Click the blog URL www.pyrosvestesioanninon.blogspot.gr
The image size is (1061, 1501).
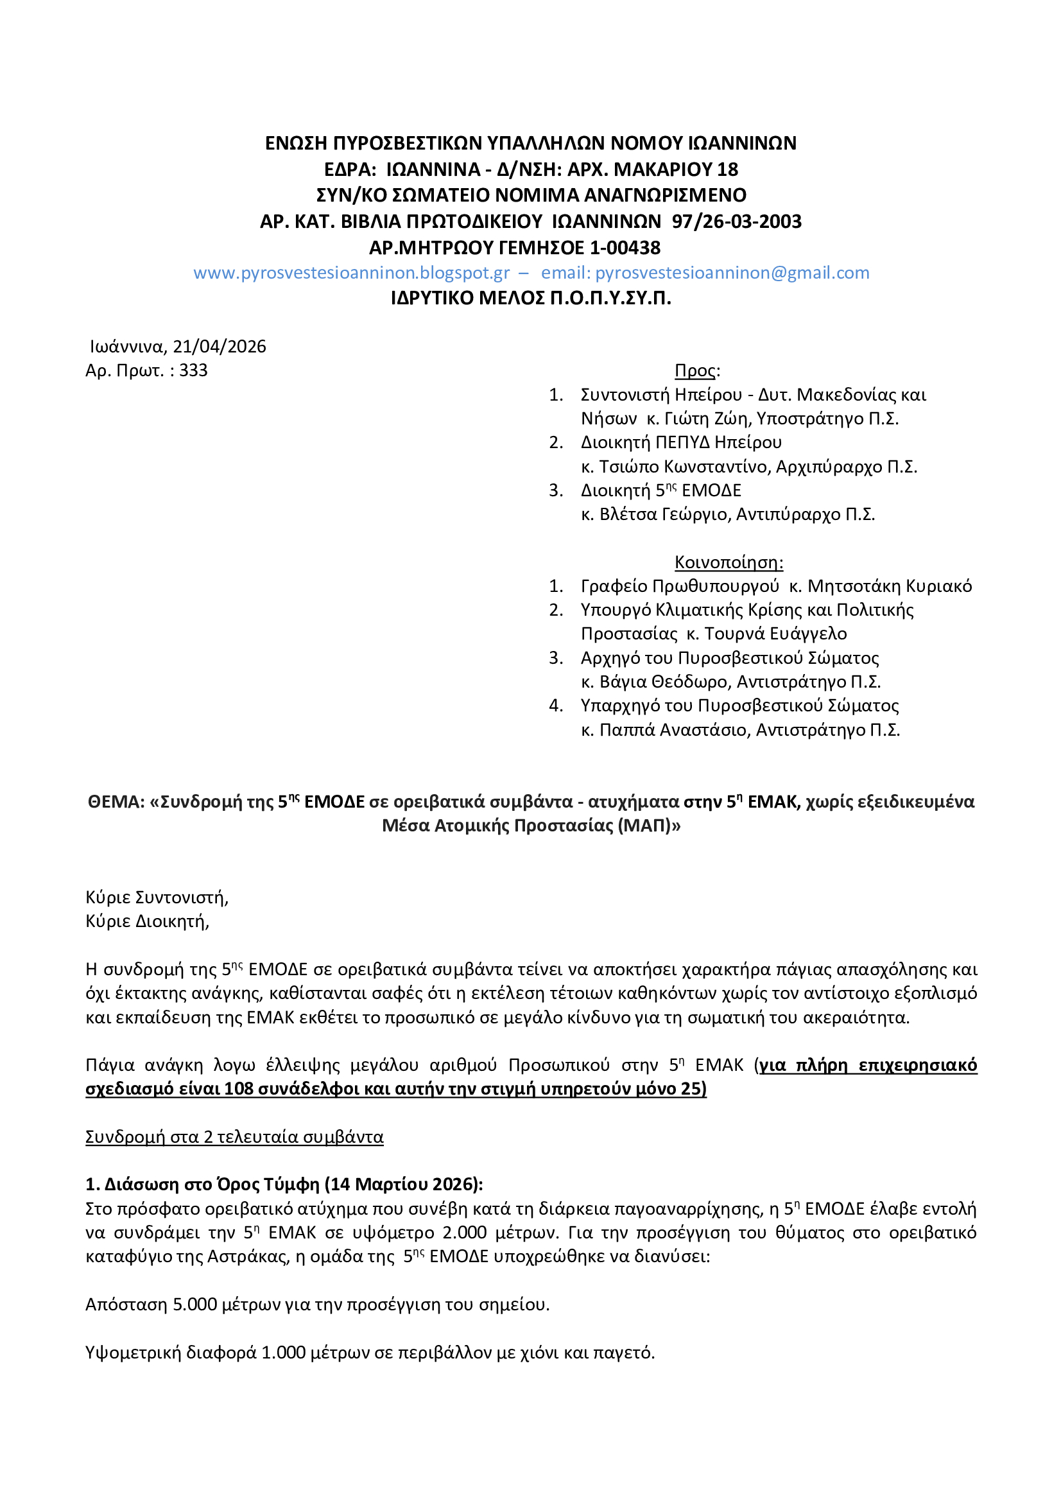click(351, 273)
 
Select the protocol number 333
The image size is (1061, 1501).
click(193, 370)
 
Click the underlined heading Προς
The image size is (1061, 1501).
click(695, 370)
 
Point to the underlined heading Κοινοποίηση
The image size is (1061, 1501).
click(729, 562)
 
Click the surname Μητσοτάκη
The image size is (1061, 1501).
click(850, 586)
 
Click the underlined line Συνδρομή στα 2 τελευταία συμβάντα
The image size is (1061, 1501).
click(234, 1137)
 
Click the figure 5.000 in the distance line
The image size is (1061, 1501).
click(195, 1305)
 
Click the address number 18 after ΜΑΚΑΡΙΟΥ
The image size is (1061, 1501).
click(728, 169)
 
